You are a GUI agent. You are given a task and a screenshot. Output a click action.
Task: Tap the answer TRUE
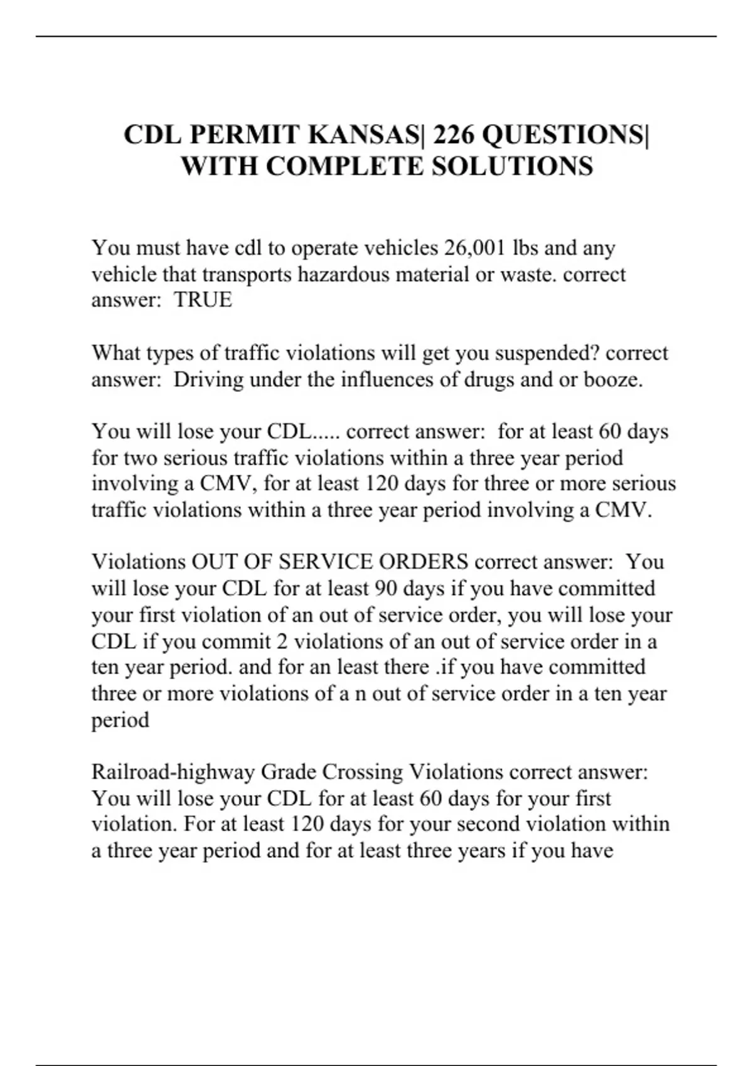pos(203,300)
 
